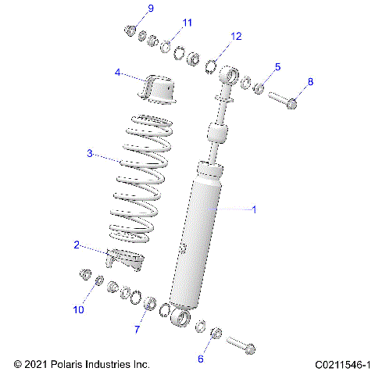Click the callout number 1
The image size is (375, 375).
click(x=253, y=209)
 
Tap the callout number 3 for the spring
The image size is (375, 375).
click(x=90, y=153)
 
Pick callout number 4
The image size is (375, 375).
click(x=117, y=72)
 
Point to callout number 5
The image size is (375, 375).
click(x=277, y=67)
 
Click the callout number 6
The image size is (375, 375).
click(x=200, y=359)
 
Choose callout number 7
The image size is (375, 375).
click(x=137, y=330)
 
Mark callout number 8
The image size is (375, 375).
click(x=310, y=81)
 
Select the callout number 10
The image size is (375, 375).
click(x=78, y=310)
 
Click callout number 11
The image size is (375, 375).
click(x=186, y=23)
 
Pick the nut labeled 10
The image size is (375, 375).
click(x=83, y=274)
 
